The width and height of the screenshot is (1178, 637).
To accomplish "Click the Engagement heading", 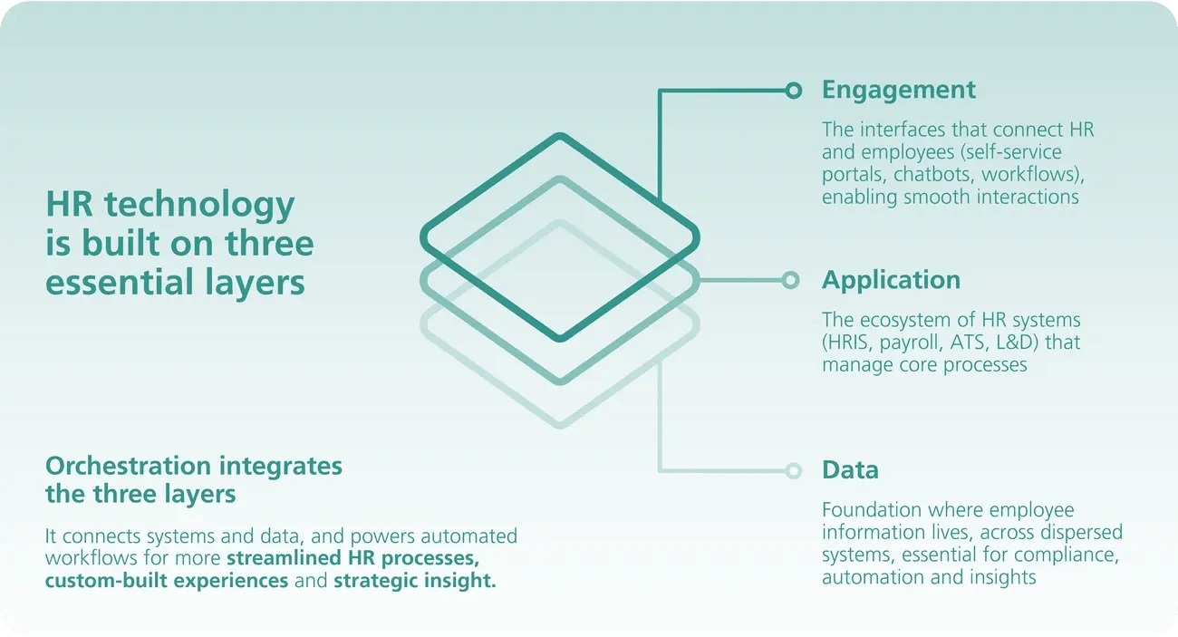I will tap(898, 90).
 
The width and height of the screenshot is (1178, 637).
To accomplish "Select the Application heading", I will tap(891, 280).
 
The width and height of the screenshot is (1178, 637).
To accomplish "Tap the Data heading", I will tap(850, 470).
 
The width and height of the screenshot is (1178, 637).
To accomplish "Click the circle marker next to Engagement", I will tap(794, 90).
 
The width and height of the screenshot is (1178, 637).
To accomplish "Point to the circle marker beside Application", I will tap(790, 280).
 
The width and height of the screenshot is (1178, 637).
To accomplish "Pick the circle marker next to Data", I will tap(794, 470).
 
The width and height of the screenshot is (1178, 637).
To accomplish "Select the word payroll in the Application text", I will tap(922, 343).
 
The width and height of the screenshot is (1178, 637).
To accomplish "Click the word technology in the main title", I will tap(198, 205).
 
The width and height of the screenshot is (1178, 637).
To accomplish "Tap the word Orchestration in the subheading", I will tap(128, 467).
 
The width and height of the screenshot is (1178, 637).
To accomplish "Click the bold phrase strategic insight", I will tap(415, 581).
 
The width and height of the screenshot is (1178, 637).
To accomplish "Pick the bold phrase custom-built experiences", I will tap(167, 581).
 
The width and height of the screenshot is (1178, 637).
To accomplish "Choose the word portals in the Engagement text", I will tap(851, 174).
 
